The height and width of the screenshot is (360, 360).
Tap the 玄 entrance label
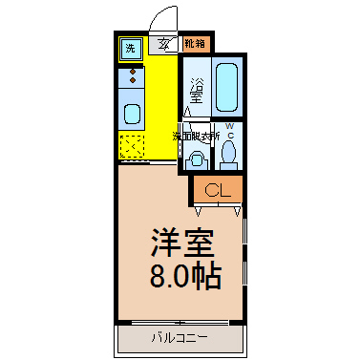coord(164,44)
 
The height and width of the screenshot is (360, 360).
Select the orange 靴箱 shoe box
coord(196,43)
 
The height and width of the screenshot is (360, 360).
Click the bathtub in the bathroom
coord(226,88)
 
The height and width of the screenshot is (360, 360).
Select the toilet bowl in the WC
coord(228,152)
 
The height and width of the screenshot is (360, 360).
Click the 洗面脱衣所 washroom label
coord(196,137)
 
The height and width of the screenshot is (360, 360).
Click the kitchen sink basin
coord(131,114)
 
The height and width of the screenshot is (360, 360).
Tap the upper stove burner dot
coord(131,72)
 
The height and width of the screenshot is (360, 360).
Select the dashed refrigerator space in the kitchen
coord(131,146)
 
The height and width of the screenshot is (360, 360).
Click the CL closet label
coord(217,189)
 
